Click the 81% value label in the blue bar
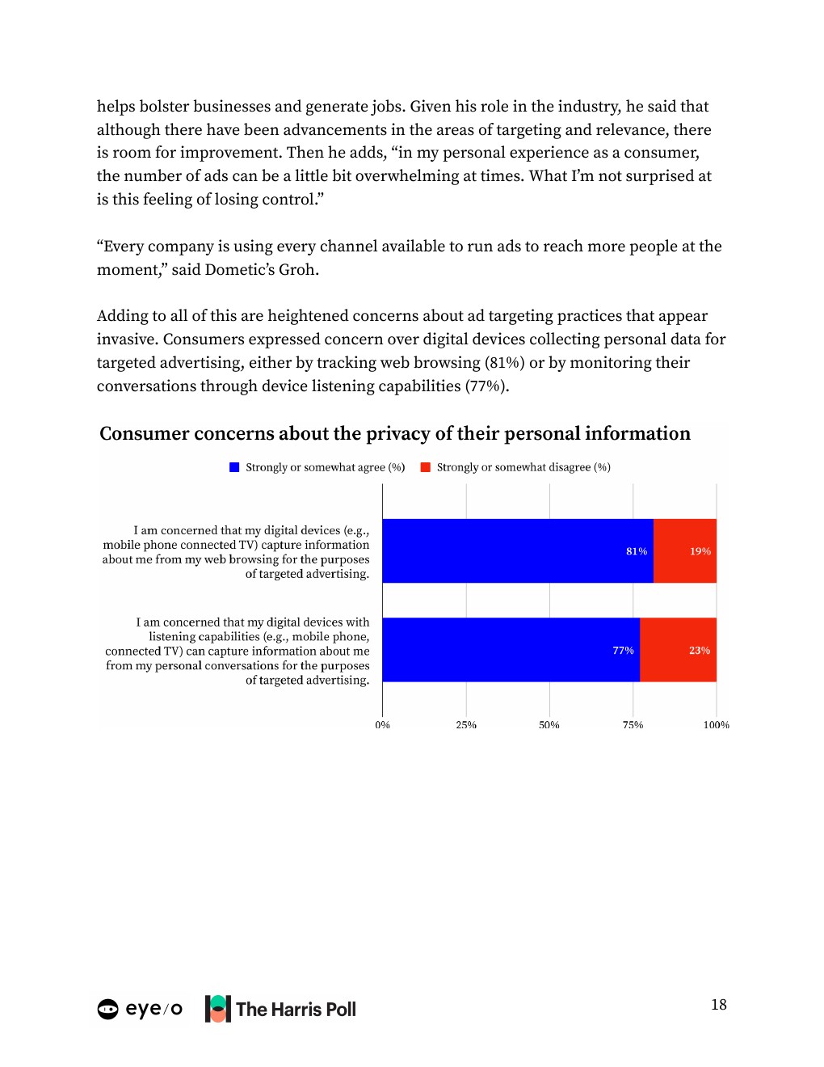tap(637, 551)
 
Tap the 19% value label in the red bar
tap(700, 551)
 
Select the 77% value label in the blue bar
tap(623, 651)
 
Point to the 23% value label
tap(700, 651)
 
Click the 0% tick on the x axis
tap(382, 725)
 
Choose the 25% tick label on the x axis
tap(466, 725)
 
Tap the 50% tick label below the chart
tap(549, 725)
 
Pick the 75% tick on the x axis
tap(633, 725)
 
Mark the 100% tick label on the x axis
tap(716, 725)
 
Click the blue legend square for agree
tap(234, 467)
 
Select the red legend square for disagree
tap(426, 467)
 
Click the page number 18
tap(719, 1005)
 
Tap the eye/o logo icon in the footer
tap(107, 1009)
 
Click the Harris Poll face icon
tap(218, 1009)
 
